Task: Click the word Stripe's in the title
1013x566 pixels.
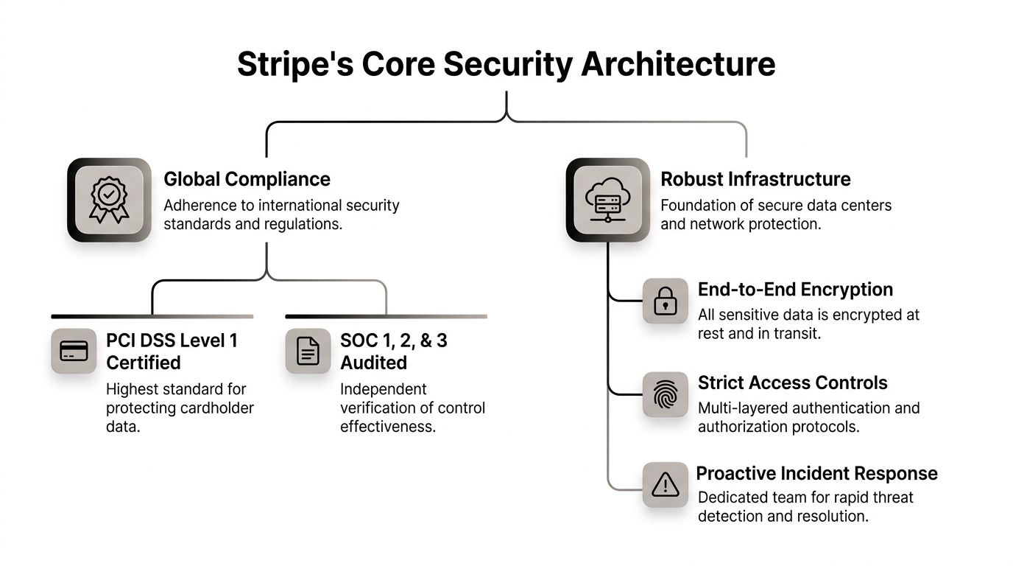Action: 294,64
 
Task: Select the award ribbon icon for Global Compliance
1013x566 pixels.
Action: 109,200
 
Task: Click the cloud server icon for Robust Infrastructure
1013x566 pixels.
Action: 607,200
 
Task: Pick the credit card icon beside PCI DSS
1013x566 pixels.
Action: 74,351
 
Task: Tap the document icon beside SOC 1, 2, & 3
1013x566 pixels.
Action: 308,351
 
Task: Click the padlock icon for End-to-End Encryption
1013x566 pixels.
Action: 665,301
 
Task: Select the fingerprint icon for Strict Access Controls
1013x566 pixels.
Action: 665,394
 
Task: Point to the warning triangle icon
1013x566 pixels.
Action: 665,484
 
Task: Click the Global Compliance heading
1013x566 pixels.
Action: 247,179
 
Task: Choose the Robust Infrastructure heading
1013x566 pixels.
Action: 755,179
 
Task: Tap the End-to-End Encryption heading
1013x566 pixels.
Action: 795,289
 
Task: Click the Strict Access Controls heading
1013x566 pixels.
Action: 792,382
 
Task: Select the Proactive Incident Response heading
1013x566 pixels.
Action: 816,473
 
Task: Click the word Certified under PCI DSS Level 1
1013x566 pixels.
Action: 143,363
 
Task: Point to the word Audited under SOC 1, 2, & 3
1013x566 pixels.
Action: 373,363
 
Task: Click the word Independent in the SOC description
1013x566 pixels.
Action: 383,388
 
